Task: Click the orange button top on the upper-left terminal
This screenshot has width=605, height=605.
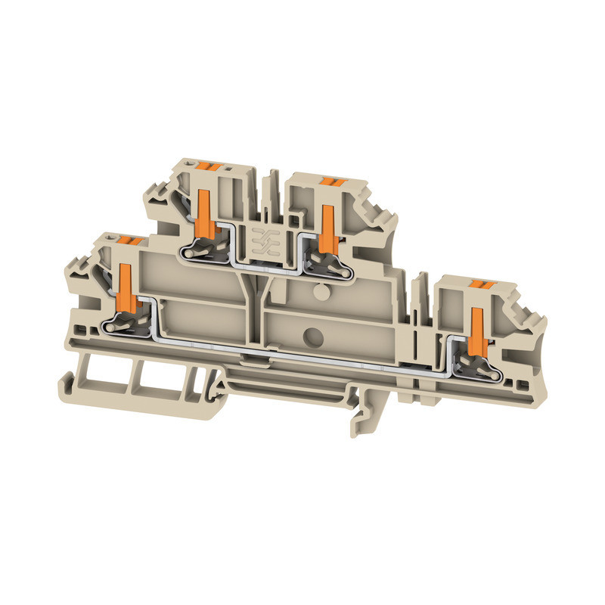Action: pyautogui.click(x=207, y=165)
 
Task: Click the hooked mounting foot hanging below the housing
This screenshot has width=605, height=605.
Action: pyautogui.click(x=363, y=416)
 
